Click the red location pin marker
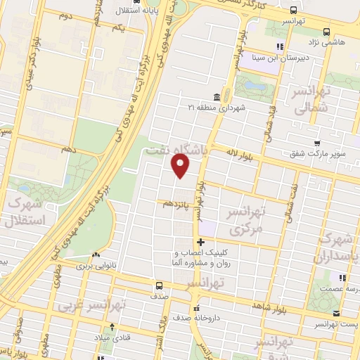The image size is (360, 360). (x=181, y=165)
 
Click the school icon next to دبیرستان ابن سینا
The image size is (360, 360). (x=279, y=47)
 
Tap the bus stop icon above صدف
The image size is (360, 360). (x=160, y=285)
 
